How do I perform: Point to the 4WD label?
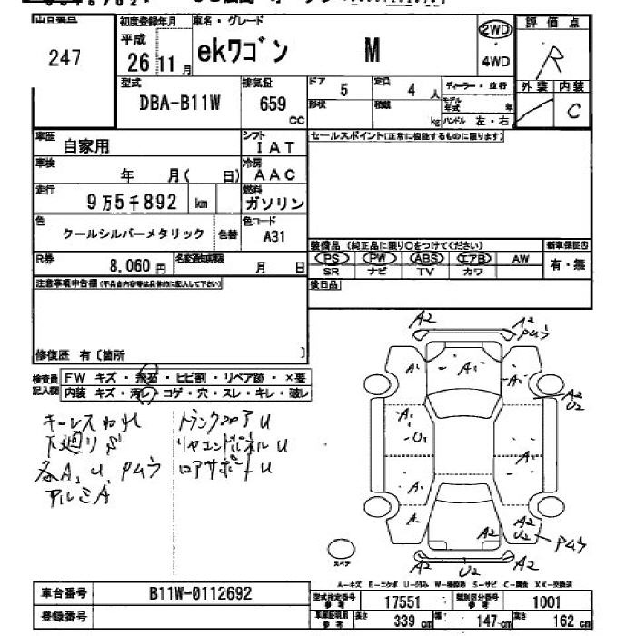coord(495,63)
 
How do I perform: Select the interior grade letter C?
coord(572,112)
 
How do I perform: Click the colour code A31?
coord(273,235)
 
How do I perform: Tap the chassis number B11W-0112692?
coord(200,593)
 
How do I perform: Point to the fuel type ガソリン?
coord(273,204)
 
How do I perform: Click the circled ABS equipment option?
coord(426,259)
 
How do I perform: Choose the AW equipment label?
coord(520,259)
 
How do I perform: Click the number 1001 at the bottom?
coord(545,601)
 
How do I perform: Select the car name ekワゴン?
coord(241,53)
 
